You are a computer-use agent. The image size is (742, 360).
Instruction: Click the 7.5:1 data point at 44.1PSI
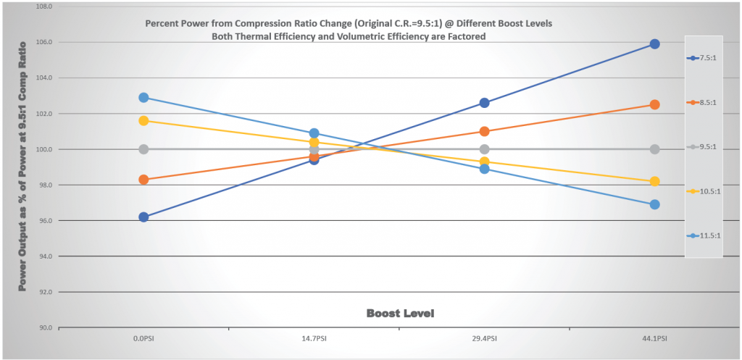tap(654, 44)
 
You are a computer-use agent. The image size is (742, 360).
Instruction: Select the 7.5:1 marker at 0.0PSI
tap(143, 217)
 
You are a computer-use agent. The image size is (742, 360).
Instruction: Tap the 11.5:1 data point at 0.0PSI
tap(143, 97)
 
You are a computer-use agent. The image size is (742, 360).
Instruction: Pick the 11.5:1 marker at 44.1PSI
tap(654, 204)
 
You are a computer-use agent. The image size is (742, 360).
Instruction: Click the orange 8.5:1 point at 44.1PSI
tap(654, 104)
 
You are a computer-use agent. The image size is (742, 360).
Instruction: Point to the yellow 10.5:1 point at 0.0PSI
tap(143, 120)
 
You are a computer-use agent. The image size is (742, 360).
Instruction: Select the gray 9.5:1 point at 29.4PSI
tap(484, 149)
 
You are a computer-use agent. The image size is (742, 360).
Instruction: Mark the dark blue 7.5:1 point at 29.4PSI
tap(484, 103)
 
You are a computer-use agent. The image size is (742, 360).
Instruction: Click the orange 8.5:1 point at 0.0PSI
tap(143, 180)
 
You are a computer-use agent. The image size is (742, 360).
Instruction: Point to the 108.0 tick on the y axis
tap(44, 7)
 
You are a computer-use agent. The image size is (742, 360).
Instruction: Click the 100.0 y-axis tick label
tap(44, 149)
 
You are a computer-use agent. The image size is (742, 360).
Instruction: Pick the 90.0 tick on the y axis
tap(44, 327)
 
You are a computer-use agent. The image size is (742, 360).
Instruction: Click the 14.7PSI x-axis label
tap(314, 338)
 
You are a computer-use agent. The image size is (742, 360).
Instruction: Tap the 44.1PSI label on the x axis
tap(654, 338)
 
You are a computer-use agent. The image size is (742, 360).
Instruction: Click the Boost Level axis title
tap(400, 313)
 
